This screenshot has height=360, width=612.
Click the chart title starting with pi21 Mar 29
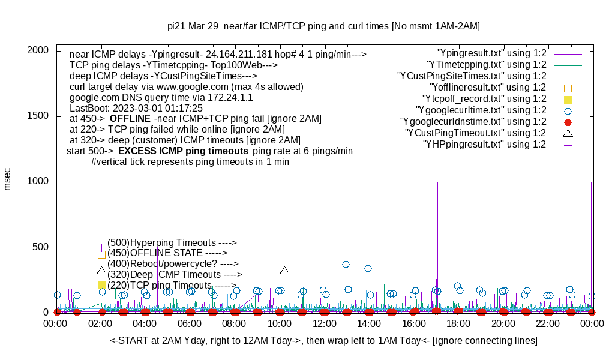[323, 26]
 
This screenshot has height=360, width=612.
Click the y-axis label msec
[8, 179]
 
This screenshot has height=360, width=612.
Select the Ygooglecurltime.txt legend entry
[481, 110]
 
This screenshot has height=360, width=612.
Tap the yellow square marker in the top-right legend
[568, 100]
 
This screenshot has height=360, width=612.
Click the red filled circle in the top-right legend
[568, 122]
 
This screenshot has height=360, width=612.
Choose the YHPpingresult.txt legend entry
[484, 145]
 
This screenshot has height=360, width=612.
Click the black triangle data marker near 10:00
[285, 271]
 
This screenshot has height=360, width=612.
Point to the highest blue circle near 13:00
[346, 264]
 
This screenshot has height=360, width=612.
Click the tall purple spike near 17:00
[437, 240]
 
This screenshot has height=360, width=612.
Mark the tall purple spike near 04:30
[157, 240]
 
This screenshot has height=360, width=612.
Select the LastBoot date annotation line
[136, 108]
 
